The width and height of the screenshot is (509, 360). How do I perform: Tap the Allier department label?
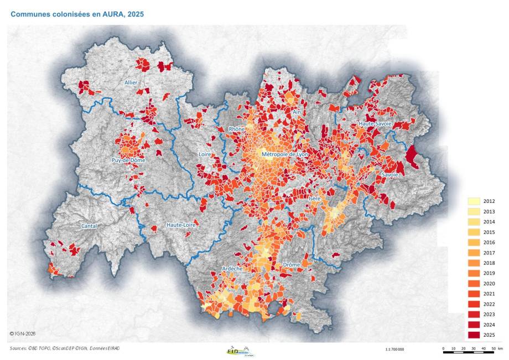(130, 82)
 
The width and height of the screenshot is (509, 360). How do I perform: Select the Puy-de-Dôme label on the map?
(124, 161)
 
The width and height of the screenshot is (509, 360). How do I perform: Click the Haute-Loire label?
(181, 225)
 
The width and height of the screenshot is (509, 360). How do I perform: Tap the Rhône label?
(237, 129)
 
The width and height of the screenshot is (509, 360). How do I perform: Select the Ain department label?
(297, 112)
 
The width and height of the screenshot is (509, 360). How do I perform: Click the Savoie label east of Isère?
(388, 175)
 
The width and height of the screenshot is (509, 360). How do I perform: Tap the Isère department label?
(315, 197)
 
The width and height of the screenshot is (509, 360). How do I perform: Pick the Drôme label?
(291, 265)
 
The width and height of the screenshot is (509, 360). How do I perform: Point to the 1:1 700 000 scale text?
(394, 349)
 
